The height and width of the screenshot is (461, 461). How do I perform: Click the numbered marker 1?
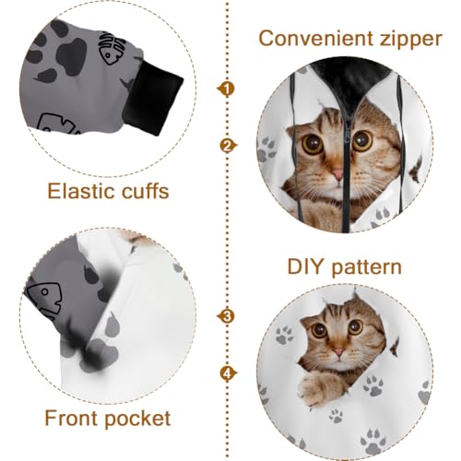click(x=225, y=89)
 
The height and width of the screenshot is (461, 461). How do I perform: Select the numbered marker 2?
click(x=225, y=146)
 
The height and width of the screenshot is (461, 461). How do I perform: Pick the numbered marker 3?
click(x=225, y=316)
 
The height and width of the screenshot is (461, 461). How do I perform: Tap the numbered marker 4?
click(x=225, y=373)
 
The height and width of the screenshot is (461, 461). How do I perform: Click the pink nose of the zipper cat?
click(x=337, y=173)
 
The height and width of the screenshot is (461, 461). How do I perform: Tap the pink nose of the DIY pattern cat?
click(x=337, y=352)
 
